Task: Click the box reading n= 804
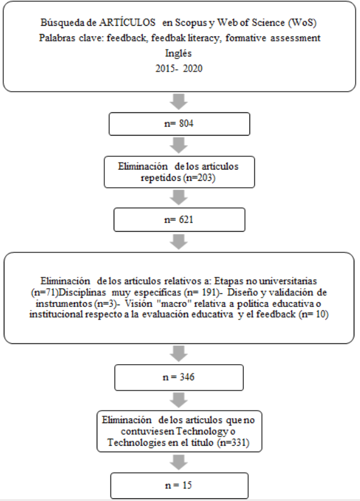[x=180, y=124]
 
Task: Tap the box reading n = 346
[x=180, y=379]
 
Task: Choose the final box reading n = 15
[x=180, y=485]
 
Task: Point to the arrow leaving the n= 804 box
[x=180, y=145]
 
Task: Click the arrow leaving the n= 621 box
[x=180, y=242]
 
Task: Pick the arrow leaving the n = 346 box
[x=180, y=399]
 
